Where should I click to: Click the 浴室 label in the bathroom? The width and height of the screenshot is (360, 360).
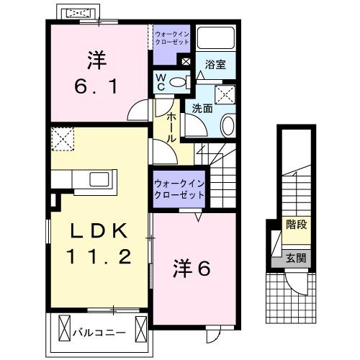click(x=215, y=64)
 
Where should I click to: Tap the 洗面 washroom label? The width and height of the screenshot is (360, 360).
click(x=202, y=108)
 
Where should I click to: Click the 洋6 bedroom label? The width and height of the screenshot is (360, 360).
click(x=192, y=269)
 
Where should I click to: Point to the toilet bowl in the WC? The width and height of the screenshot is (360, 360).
click(x=181, y=82)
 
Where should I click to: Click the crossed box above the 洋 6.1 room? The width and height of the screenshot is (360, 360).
click(x=78, y=14)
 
